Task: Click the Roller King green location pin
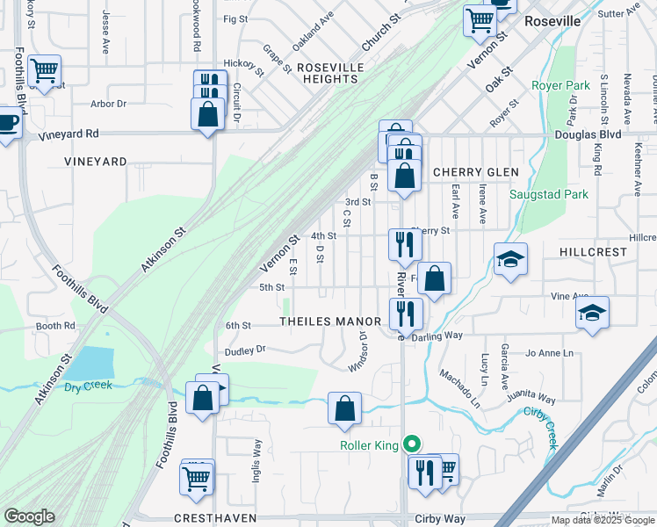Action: pos(408,445)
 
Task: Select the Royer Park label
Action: pos(560,86)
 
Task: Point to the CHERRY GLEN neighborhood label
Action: pos(475,172)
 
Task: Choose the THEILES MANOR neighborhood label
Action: pos(330,321)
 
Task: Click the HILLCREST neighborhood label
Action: pos(594,251)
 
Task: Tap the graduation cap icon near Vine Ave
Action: pos(592,312)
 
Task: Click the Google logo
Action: pos(29,516)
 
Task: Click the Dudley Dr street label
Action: pos(245,350)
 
